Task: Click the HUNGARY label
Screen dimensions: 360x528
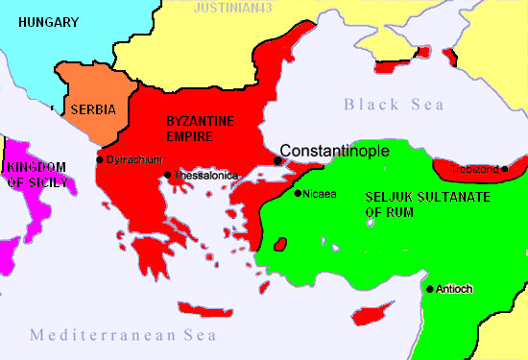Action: pyautogui.click(x=46, y=21)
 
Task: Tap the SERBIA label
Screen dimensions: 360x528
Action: pyautogui.click(x=93, y=109)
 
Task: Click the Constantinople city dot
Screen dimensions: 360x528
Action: pyautogui.click(x=276, y=160)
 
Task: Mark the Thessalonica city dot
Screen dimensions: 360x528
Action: pyautogui.click(x=168, y=175)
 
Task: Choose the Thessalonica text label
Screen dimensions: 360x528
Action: pyautogui.click(x=204, y=176)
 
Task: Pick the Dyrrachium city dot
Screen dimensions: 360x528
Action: pyautogui.click(x=100, y=159)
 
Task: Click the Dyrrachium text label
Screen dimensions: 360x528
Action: pyautogui.click(x=134, y=159)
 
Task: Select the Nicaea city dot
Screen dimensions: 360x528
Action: pyautogui.click(x=298, y=194)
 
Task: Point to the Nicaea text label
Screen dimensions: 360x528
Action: pyautogui.click(x=320, y=193)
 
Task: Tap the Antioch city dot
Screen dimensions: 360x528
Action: pyautogui.click(x=429, y=289)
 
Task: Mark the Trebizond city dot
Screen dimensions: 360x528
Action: pyautogui.click(x=505, y=169)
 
